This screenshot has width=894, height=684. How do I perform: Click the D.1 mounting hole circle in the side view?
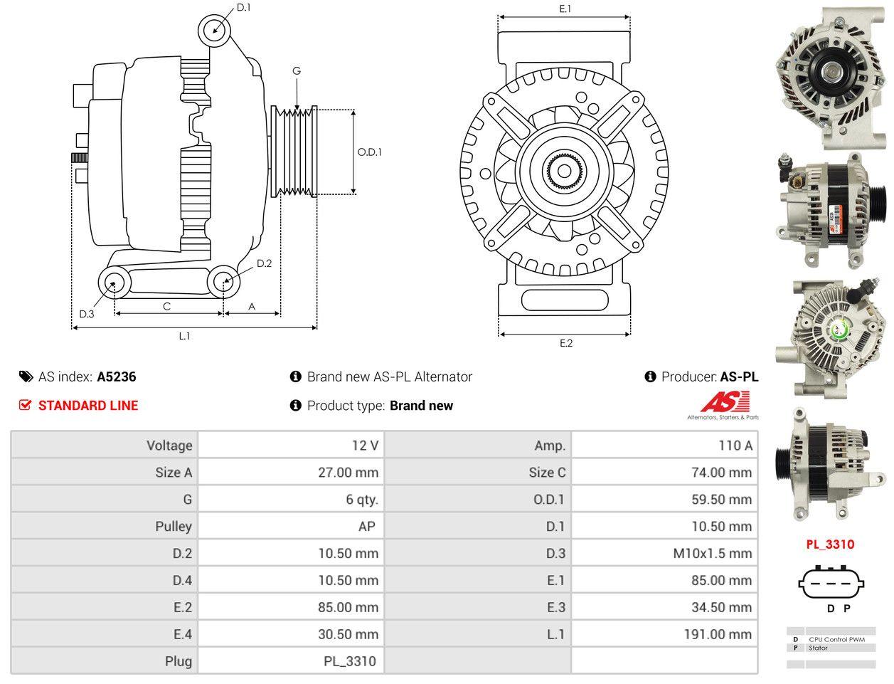(214, 30)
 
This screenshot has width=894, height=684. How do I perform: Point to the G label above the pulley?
(297, 71)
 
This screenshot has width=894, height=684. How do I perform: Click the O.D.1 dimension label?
(369, 152)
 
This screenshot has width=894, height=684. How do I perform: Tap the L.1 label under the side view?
(184, 336)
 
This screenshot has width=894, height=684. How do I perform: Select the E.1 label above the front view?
(565, 9)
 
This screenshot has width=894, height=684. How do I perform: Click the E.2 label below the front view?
(565, 343)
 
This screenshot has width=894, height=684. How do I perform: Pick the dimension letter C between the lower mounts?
(166, 306)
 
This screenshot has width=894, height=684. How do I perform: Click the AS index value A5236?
(117, 377)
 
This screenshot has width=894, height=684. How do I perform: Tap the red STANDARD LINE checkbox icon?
(25, 405)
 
